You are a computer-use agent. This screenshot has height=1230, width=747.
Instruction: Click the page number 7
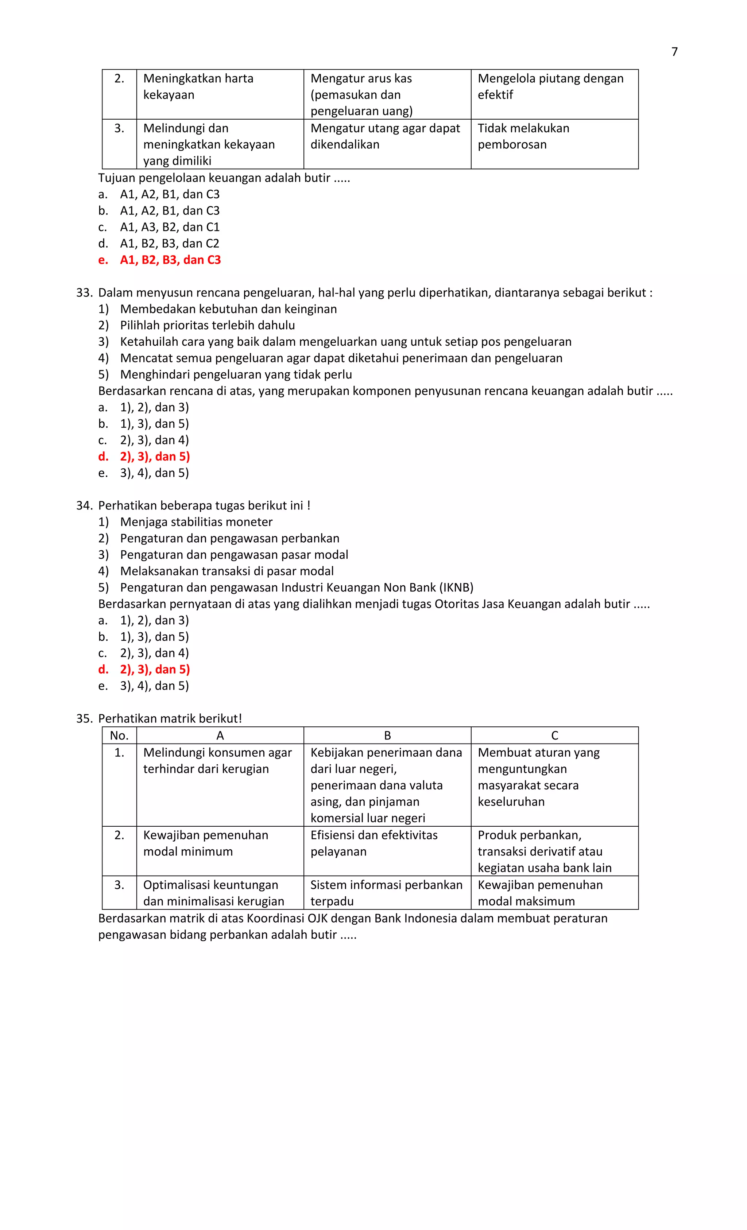coord(674,52)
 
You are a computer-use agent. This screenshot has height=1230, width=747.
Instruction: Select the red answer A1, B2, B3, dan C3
coord(170,260)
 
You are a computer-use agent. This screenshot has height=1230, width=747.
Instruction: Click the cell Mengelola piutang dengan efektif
coord(550,86)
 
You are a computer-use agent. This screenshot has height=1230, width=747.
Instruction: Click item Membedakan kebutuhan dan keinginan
coord(228,309)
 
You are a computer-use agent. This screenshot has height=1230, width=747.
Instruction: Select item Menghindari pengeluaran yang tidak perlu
coord(236,375)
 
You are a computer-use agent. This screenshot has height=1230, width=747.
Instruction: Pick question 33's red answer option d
coord(154,456)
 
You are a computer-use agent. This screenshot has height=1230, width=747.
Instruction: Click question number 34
coord(84,506)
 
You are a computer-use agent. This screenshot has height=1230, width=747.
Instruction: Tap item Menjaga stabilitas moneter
coord(196,522)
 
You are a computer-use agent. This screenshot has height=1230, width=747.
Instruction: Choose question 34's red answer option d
coord(154,670)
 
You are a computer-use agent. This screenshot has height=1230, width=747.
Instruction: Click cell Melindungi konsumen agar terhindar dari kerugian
coord(217,761)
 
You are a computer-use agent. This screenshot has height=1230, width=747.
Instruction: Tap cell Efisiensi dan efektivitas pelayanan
coord(373,843)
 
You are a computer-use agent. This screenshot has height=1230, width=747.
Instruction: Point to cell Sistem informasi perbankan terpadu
coord(386,893)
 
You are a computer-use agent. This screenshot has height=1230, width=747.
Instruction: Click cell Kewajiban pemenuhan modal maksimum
coord(539,893)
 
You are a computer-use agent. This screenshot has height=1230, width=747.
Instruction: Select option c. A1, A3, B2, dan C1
coord(169,227)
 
